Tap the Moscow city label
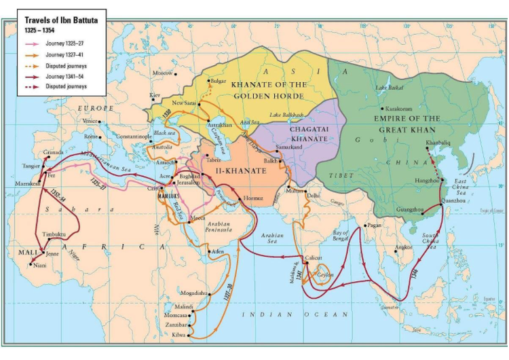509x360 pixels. tap(163, 72)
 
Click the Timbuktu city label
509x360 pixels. tap(54, 233)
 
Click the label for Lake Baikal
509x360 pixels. tap(390, 88)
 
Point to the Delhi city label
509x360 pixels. tap(313, 195)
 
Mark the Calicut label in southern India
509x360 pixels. tap(313, 258)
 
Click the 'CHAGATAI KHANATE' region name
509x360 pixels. tap(309, 133)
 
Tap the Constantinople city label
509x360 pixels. tap(134, 137)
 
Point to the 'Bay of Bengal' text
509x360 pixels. tap(342, 236)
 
